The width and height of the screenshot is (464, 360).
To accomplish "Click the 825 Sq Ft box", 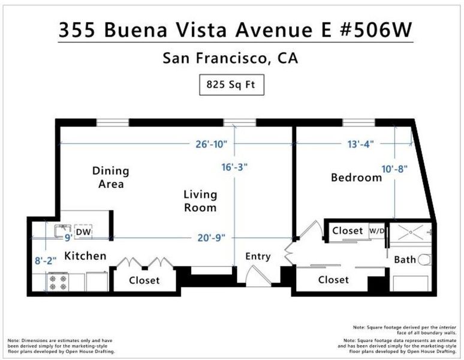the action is tap(232, 85).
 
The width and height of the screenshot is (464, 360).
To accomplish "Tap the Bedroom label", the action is tap(356, 178).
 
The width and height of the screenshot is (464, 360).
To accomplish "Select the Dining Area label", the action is tap(111, 177).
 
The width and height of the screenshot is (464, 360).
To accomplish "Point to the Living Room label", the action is tap(200, 201).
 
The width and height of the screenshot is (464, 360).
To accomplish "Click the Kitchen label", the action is tap(85, 256).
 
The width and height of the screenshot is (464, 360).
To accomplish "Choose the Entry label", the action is tap(258, 256).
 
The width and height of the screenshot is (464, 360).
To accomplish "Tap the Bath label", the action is tap(405, 260).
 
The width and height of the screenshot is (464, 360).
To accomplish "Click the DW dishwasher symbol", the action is tap(83, 232).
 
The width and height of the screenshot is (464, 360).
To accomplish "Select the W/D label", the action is tap(376, 230).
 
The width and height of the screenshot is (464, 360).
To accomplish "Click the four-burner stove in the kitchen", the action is tap(58, 282).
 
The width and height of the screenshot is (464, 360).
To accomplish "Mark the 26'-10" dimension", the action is tap(211, 144).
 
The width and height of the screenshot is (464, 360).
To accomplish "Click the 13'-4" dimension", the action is tap(360, 144).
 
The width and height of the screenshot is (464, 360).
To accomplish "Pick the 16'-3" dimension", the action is tap(234, 167).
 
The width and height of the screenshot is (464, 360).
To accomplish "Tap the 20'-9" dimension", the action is tap(211, 238).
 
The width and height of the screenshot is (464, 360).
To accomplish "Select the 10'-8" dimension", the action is tap(394, 169).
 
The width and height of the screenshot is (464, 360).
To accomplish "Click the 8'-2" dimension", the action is tap(46, 260).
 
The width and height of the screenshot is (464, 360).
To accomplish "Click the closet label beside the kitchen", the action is tap(144, 280).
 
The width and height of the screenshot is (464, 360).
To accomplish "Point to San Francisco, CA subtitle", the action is tap(230, 58).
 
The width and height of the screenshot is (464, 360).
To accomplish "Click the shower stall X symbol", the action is tap(411, 232).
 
